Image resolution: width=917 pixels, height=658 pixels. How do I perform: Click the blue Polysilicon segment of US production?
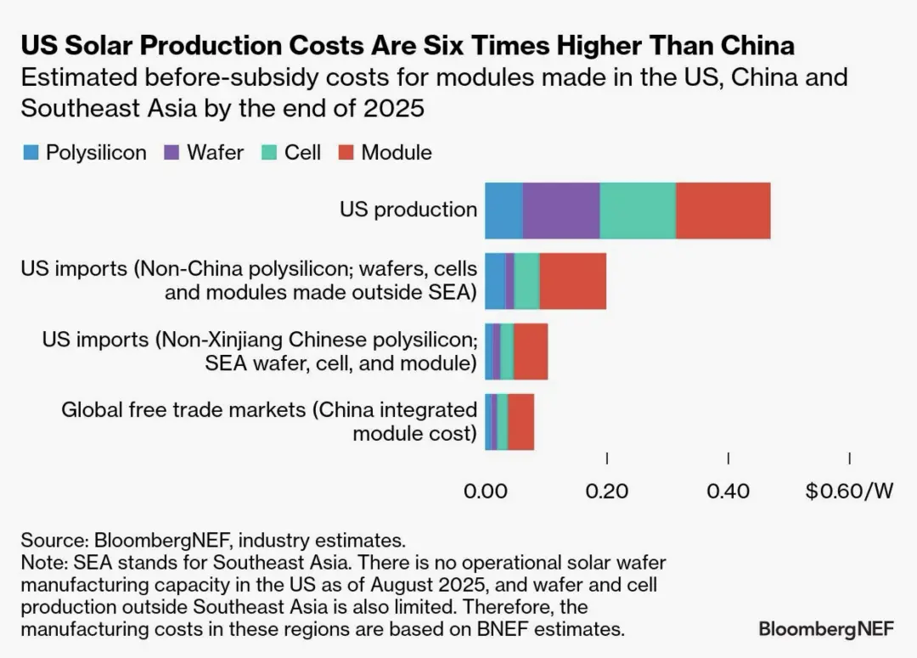coord(504,210)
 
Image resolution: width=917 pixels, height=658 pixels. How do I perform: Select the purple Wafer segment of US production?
coord(561,210)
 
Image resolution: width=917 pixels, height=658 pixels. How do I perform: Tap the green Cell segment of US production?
coord(638,210)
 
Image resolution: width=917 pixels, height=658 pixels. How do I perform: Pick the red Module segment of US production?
coord(723,210)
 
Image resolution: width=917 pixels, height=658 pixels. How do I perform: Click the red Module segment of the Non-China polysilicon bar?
coord(573,281)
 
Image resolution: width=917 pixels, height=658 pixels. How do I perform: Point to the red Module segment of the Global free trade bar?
coord(521,422)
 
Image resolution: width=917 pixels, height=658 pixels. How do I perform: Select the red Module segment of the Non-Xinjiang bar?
coord(531,351)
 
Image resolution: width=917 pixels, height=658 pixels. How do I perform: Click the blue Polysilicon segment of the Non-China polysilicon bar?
coord(495,281)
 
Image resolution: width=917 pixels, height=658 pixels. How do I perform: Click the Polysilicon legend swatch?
coord(30,153)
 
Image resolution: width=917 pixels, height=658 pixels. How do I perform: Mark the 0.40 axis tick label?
coord(728,492)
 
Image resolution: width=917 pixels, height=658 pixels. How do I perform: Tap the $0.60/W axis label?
coord(849,492)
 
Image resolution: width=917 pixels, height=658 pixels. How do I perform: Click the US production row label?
coord(408,210)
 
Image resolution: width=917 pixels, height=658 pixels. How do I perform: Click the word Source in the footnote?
coord(52,540)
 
